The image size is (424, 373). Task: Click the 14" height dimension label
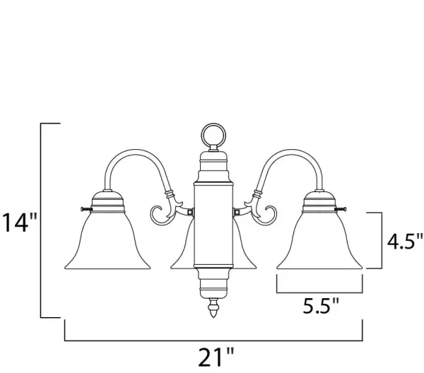pos(20,223)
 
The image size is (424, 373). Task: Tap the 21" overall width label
pos(216,357)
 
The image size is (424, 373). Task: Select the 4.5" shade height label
pos(404,242)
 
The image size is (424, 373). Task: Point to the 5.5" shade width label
pos(320,306)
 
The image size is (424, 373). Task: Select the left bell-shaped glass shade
pos(107,241)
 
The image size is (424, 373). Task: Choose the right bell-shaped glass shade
pos(319,241)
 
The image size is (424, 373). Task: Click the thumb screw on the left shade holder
pos(86,208)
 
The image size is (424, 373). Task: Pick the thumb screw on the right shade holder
pos(341,208)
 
